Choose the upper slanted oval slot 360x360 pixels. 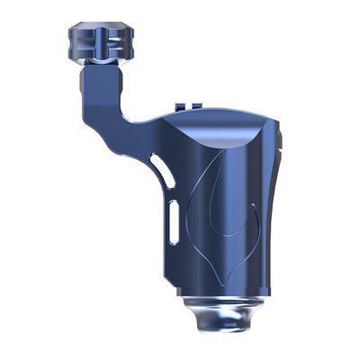158,168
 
